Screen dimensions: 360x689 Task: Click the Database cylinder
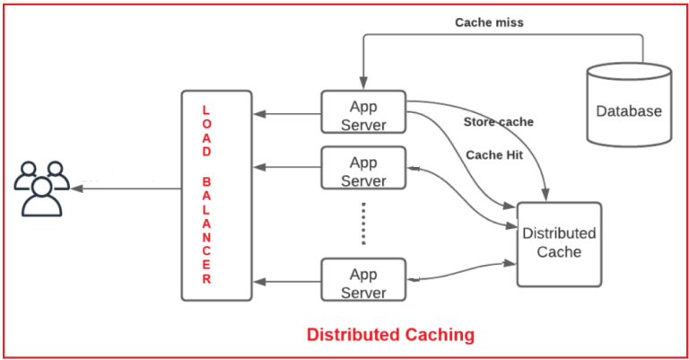(628, 106)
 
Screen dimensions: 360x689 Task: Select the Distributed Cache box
(558, 243)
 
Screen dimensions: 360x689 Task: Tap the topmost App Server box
(362, 114)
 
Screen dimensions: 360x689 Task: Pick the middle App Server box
(362, 171)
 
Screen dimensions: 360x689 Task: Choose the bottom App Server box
(362, 282)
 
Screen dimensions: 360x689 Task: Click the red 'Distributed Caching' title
(390, 335)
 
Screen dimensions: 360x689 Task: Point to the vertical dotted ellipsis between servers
(362, 224)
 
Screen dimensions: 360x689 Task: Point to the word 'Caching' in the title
(437, 335)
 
